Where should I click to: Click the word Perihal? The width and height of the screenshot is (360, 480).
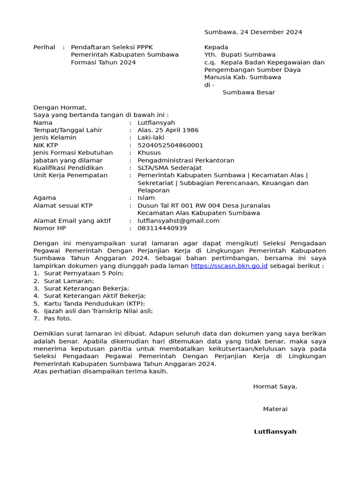[44, 47]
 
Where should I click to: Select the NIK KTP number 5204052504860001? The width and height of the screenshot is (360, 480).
[170, 145]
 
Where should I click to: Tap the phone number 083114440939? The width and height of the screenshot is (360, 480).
[162, 228]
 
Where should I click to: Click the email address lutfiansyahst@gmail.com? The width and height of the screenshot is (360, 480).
[178, 221]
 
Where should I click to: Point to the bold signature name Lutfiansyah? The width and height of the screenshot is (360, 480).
[275, 432]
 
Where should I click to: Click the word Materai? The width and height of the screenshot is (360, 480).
[275, 409]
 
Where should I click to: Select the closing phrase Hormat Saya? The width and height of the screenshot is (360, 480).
[275, 387]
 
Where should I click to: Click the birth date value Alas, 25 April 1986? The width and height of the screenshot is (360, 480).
[168, 130]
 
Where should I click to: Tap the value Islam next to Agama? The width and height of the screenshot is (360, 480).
[146, 198]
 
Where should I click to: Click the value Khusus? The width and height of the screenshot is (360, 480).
[149, 153]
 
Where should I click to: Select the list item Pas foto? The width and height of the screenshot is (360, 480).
[58, 318]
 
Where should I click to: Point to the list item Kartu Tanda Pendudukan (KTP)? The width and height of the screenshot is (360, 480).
[94, 303]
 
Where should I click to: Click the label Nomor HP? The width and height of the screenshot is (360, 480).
[50, 228]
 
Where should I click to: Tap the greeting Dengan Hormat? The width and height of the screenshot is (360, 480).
[60, 107]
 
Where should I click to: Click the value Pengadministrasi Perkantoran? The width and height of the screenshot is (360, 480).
[186, 160]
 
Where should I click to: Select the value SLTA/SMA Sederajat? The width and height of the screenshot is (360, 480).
[169, 168]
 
